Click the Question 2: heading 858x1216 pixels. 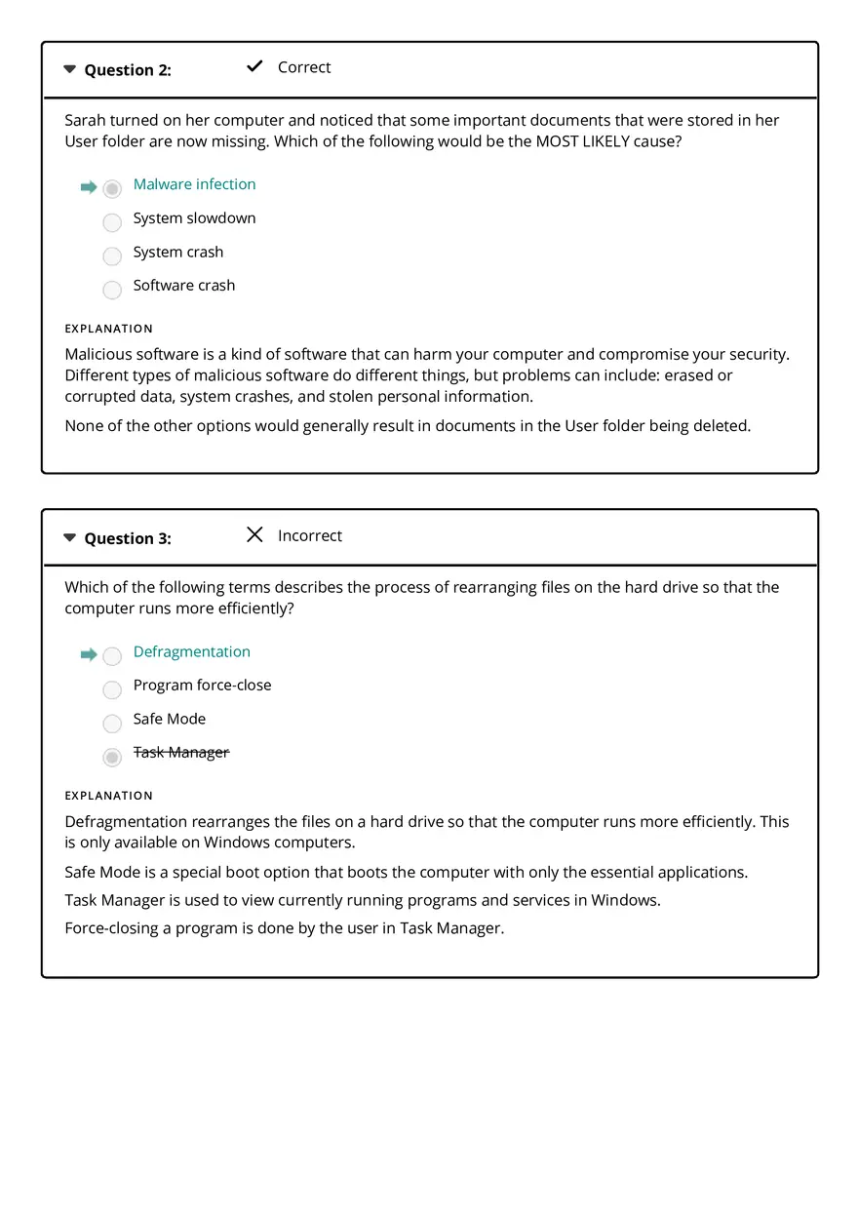(128, 70)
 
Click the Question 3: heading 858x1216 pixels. (128, 538)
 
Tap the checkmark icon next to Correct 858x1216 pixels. (254, 66)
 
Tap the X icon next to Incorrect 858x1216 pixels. (254, 534)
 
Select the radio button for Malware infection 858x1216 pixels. (112, 188)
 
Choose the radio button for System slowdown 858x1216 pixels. (112, 222)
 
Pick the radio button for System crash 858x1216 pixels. (112, 255)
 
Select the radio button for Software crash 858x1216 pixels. (112, 290)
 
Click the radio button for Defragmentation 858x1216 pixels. (112, 656)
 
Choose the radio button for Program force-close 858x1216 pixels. (112, 689)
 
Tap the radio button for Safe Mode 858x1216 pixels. (112, 724)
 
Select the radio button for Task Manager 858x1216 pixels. (112, 757)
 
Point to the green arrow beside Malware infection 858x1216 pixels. (89, 187)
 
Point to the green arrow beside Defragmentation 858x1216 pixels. (89, 654)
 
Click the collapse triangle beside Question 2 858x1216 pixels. (69, 69)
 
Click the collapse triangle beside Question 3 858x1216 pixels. (69, 537)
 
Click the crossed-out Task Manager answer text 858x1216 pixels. (181, 752)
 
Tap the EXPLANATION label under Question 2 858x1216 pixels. (108, 329)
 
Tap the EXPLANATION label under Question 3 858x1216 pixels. (108, 796)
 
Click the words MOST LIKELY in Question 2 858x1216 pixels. (582, 141)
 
